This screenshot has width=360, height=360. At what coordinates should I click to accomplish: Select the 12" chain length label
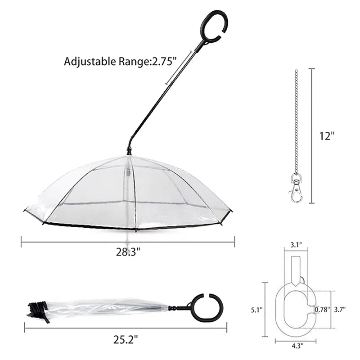pos(328,136)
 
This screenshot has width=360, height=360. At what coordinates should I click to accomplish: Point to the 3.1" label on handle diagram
pos(296,245)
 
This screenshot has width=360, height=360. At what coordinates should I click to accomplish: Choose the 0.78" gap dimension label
pos(322,310)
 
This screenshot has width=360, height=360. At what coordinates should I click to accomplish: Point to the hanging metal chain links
pos(296,121)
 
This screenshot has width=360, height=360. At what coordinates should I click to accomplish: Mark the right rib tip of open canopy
pos(230,211)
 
